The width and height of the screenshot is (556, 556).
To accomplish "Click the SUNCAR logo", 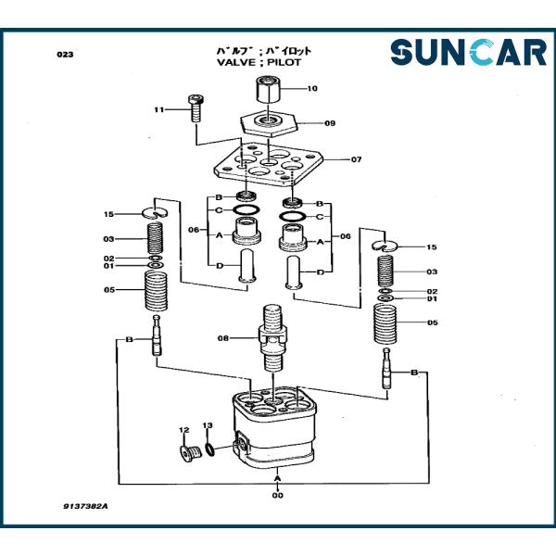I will click(468, 52).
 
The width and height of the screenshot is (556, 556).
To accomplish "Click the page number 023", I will click(65, 55).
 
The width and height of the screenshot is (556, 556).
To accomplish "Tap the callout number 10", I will click(312, 90).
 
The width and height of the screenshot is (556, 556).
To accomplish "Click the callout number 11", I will click(158, 110).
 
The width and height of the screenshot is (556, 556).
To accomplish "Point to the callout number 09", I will click(330, 122).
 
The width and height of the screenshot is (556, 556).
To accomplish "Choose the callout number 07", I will click(357, 159).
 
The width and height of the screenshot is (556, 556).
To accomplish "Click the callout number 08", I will click(222, 337).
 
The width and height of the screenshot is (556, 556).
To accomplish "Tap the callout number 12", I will click(183, 430).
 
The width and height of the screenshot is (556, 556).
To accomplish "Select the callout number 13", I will click(208, 425).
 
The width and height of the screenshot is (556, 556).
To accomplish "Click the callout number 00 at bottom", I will click(278, 496).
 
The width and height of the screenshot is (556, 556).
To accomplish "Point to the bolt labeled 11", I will click(196, 108).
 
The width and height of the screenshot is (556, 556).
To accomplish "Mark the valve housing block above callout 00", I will click(278, 426).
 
